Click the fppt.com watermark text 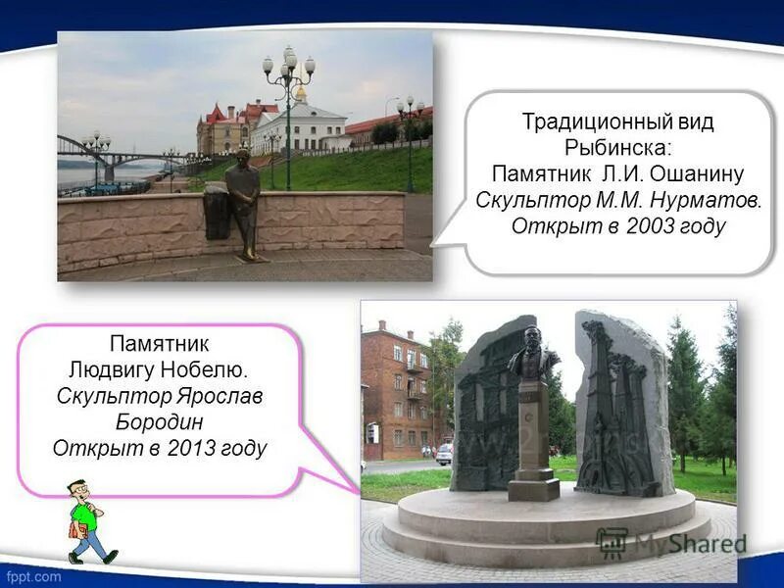coord(33,576)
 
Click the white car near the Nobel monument coord(445,453)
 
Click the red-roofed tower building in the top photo coord(221,127)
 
